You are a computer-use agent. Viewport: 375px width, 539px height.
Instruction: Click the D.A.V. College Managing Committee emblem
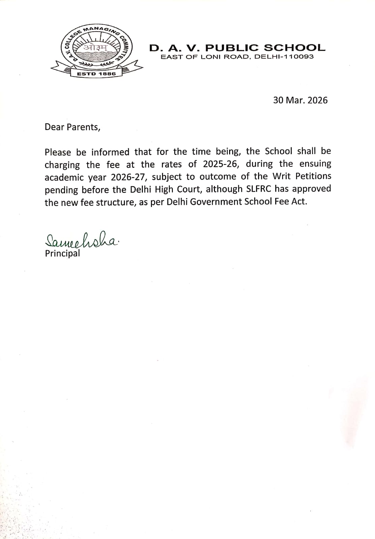tap(94, 51)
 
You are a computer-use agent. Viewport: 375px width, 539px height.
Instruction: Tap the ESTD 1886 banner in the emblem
tap(96, 73)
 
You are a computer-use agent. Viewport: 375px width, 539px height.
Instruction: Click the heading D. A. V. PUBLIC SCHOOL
tap(238, 48)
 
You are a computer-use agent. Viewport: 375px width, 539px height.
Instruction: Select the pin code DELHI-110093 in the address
tap(284, 57)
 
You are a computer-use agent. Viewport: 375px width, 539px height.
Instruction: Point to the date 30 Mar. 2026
tap(300, 100)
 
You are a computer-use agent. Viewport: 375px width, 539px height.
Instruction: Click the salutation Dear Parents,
tap(72, 127)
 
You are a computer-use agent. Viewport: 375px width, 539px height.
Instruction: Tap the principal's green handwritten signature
tap(81, 240)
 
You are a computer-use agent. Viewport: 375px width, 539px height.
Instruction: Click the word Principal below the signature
tap(62, 253)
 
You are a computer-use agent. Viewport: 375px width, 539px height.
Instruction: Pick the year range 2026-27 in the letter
tap(128, 177)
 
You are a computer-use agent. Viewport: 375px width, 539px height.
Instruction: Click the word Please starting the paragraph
tap(58, 152)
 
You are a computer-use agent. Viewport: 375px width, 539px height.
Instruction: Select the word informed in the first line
tap(110, 152)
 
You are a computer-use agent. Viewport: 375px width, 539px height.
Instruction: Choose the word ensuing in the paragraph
tap(315, 164)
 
